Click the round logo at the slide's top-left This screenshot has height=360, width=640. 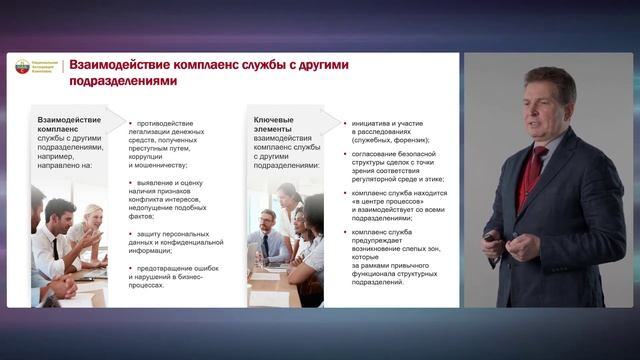(x=23, y=67)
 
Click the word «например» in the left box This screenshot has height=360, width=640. (x=58, y=158)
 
